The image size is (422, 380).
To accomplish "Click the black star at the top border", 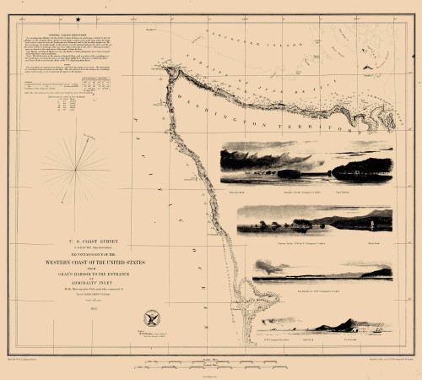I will click(78, 19).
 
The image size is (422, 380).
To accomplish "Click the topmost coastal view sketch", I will click(306, 166).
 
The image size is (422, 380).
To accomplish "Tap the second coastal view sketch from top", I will click(314, 220).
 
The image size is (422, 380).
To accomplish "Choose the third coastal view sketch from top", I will click(322, 269).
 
